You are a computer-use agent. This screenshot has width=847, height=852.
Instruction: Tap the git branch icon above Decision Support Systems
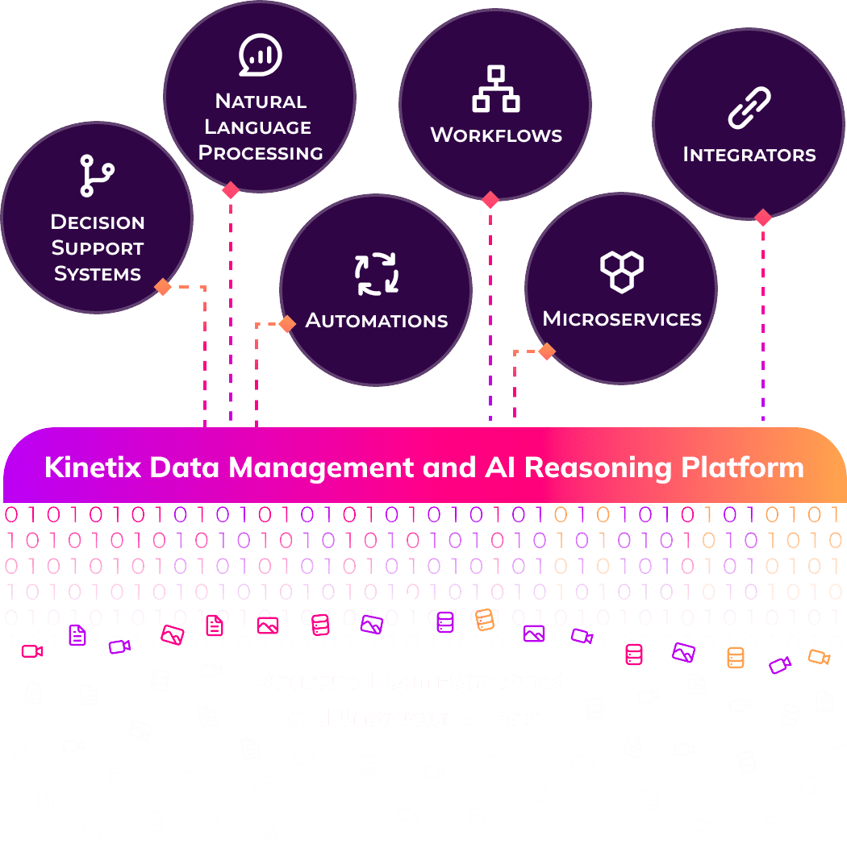point(97,177)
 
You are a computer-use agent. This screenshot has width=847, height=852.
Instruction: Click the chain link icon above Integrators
point(749,109)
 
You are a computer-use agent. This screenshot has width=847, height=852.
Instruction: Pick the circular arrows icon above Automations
point(376,274)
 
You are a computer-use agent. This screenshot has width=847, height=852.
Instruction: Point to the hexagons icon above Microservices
point(622,271)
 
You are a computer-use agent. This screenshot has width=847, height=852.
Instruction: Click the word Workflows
point(495,135)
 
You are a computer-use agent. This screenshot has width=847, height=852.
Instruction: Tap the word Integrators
point(749,155)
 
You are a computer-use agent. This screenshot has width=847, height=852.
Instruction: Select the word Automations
point(376,321)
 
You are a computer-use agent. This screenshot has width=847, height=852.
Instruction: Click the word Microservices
point(622,319)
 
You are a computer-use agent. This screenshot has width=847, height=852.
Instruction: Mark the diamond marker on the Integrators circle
point(762,218)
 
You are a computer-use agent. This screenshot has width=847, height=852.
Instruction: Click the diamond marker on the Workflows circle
point(490,200)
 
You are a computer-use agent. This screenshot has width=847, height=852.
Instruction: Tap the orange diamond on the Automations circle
point(286,324)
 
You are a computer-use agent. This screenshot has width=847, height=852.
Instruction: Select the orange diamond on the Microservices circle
point(546,351)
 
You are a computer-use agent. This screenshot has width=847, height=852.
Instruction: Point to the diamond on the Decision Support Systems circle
point(163,287)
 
